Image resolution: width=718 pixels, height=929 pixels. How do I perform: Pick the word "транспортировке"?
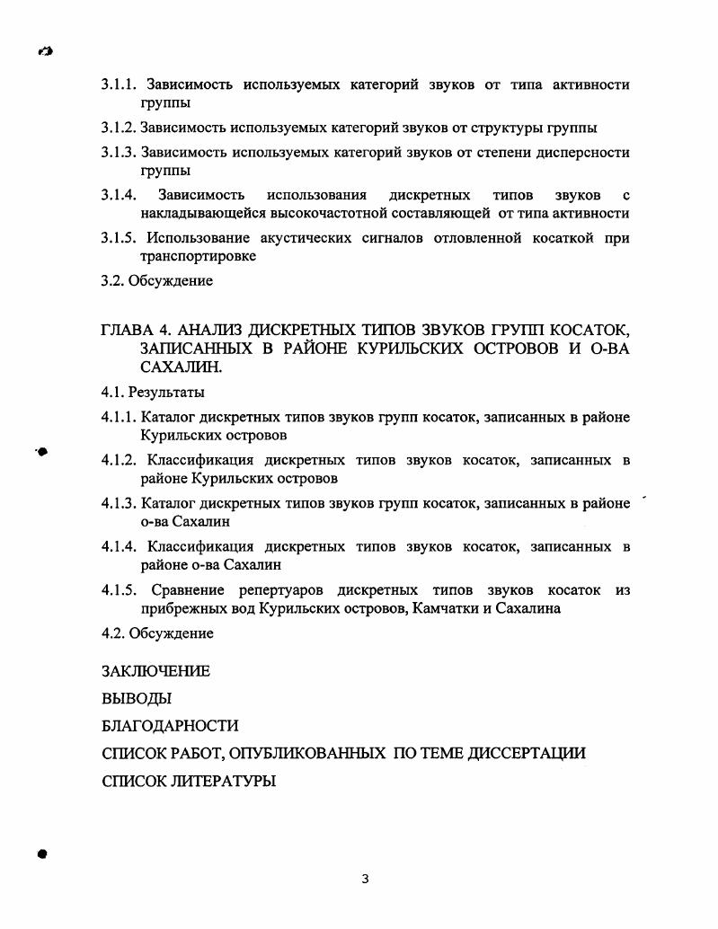pos(199,257)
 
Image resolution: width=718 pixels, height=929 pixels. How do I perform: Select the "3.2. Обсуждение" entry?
pos(157,281)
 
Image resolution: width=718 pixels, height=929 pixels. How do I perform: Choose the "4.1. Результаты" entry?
pos(153,393)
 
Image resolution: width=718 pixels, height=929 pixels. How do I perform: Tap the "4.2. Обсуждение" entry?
pos(157,633)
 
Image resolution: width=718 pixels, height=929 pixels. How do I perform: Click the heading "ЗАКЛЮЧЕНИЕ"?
pos(155,671)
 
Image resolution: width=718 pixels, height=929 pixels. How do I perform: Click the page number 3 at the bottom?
pos(365,879)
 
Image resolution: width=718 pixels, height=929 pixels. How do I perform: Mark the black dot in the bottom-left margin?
pos(41,854)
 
